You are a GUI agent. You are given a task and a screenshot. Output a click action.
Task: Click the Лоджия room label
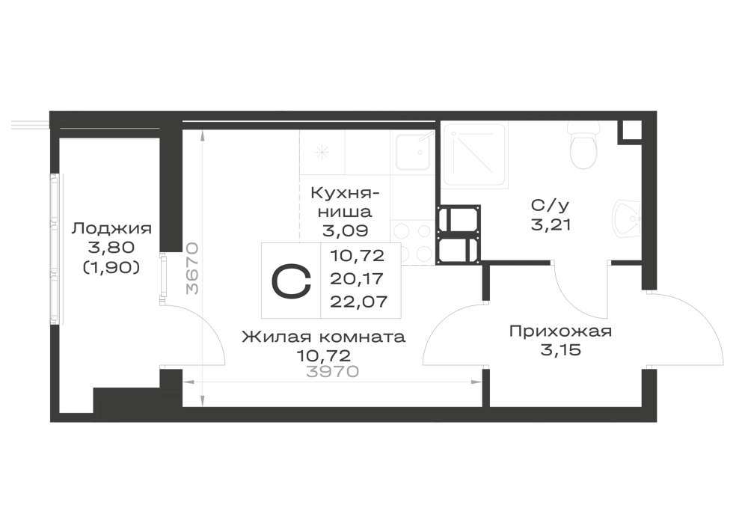tap(111, 229)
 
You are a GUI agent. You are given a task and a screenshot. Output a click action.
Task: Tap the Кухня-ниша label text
tap(345, 202)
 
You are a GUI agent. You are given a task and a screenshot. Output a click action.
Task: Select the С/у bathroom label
tap(550, 206)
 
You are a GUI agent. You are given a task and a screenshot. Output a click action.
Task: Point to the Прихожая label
tap(560, 331)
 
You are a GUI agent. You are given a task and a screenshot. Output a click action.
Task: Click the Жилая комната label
tap(323, 337)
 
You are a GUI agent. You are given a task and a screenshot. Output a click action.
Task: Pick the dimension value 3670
tap(191, 268)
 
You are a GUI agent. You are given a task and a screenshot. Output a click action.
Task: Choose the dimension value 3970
tap(332, 371)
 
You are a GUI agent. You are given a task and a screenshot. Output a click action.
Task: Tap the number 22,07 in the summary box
tap(358, 302)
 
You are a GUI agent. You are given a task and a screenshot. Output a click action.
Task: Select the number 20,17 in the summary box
tap(358, 278)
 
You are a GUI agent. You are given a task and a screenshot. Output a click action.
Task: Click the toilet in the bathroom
tap(583, 144)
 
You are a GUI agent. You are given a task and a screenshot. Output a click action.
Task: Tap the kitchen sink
tap(413, 152)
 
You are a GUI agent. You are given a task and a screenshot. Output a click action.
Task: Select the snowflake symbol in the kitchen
tap(322, 153)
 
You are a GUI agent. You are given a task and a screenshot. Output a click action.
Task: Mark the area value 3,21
tap(551, 224)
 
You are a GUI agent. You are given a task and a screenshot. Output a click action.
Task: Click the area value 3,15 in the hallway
tap(560, 350)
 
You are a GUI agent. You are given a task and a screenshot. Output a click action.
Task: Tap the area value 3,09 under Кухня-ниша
tap(345, 231)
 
